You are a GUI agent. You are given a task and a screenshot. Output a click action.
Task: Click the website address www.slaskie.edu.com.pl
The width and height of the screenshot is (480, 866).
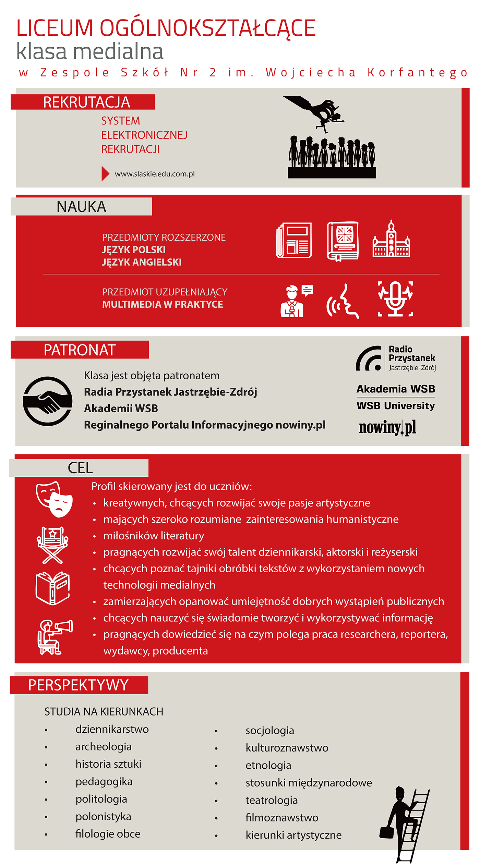coord(155,174)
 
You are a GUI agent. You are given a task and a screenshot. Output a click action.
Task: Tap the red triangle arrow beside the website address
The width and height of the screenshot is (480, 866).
coord(105,173)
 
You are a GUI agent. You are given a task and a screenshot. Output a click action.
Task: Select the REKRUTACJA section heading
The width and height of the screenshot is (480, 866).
coord(86,102)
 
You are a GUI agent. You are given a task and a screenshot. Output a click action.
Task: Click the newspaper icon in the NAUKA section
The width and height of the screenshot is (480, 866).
coord(294,240)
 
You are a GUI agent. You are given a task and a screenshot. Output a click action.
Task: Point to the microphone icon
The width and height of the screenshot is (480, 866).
coord(395,299)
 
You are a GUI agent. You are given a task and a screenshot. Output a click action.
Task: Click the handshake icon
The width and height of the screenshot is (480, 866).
coord(48,401)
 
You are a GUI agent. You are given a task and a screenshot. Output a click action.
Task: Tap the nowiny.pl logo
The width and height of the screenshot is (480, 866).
coord(387,427)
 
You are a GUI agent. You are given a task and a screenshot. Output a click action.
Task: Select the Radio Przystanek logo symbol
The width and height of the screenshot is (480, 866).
coord(369,358)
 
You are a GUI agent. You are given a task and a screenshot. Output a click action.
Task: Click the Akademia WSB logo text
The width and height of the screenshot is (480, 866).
coord(396,389)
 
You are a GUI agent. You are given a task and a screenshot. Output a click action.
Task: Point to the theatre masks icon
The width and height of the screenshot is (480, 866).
coord(54,499)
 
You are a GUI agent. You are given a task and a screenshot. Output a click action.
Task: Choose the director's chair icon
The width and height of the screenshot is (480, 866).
coord(52,545)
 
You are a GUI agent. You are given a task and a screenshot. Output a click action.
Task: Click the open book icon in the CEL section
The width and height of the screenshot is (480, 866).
coord(53,588)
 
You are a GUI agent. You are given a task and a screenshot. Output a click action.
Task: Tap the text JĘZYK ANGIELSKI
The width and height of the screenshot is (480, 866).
coord(142,262)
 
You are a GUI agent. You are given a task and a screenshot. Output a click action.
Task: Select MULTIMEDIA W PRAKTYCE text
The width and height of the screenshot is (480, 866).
coord(163,304)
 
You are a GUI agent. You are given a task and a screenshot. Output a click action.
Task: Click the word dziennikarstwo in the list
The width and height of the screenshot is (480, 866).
coord(112,729)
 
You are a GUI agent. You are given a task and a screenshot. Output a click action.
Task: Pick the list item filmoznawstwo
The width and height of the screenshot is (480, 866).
coord(282,817)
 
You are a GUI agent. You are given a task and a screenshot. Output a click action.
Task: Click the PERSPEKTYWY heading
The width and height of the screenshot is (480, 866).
coord(79,685)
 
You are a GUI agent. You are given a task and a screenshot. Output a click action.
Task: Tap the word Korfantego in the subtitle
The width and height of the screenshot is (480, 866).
coord(417,73)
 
